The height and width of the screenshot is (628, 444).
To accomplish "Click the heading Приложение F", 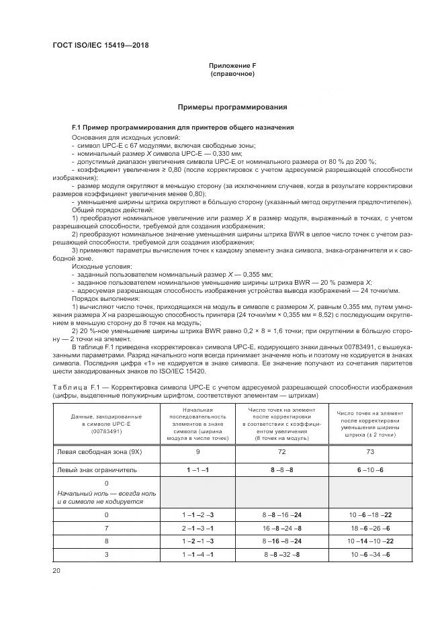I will tap(232, 64).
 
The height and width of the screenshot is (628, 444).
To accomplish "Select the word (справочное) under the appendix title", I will tap(232, 73).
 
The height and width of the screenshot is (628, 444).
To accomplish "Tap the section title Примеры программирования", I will tap(232, 107).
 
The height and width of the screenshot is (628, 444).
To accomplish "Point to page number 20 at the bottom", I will tap(56, 570).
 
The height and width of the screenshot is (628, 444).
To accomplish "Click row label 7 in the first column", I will tap(106, 529).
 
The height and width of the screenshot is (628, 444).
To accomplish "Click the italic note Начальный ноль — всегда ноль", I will tap(106, 497).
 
